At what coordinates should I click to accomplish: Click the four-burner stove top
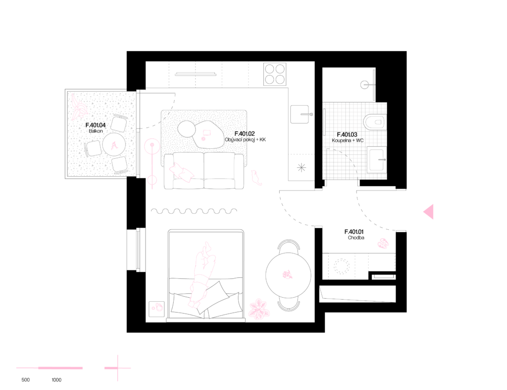click(x=275, y=74)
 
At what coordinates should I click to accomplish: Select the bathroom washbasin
click(x=376, y=159)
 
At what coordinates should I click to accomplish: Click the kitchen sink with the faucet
click(x=300, y=114)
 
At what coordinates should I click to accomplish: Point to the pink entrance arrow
click(x=429, y=212)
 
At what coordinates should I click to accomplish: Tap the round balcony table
click(x=114, y=145)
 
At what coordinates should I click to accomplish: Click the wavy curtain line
click(x=194, y=211)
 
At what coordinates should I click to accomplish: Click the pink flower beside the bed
click(x=259, y=309)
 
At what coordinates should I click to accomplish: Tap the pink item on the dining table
click(x=287, y=275)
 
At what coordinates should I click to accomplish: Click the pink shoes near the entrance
click(x=383, y=243)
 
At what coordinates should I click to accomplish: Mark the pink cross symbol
click(x=117, y=368)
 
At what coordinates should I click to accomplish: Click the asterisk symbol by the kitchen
click(x=302, y=168)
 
